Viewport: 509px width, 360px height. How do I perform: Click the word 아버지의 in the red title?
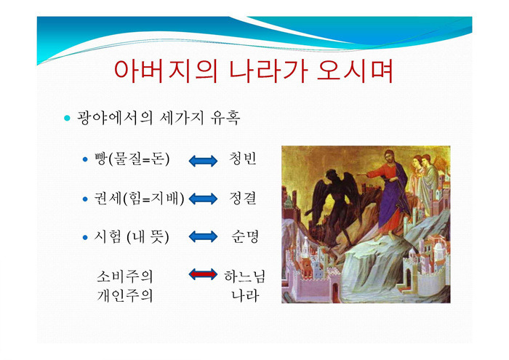pos(165,71)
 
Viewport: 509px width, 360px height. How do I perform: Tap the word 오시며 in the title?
pos(355,71)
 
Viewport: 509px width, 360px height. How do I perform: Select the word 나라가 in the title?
pos(268,71)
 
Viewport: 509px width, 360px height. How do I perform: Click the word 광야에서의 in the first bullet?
pos(115,118)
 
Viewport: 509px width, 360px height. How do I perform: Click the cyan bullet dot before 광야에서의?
pos(67,118)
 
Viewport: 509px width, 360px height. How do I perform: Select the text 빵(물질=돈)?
pos(132,159)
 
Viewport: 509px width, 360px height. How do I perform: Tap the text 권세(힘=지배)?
pos(139,198)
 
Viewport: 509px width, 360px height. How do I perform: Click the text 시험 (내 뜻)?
pos(132,236)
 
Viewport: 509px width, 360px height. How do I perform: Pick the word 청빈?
pos(243,159)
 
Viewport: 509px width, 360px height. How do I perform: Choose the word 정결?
pos(243,198)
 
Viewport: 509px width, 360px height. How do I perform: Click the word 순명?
pos(245,236)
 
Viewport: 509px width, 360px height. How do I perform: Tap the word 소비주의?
pos(124,276)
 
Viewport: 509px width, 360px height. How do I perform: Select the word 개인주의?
pos(124,296)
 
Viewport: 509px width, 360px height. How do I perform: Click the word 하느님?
pos(245,276)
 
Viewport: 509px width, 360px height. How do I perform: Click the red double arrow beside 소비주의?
pos(203,275)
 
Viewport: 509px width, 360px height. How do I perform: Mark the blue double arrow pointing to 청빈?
pos(203,161)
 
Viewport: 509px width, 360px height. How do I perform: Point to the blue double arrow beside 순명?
pos(203,236)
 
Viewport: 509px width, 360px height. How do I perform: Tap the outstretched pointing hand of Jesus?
pos(361,175)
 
